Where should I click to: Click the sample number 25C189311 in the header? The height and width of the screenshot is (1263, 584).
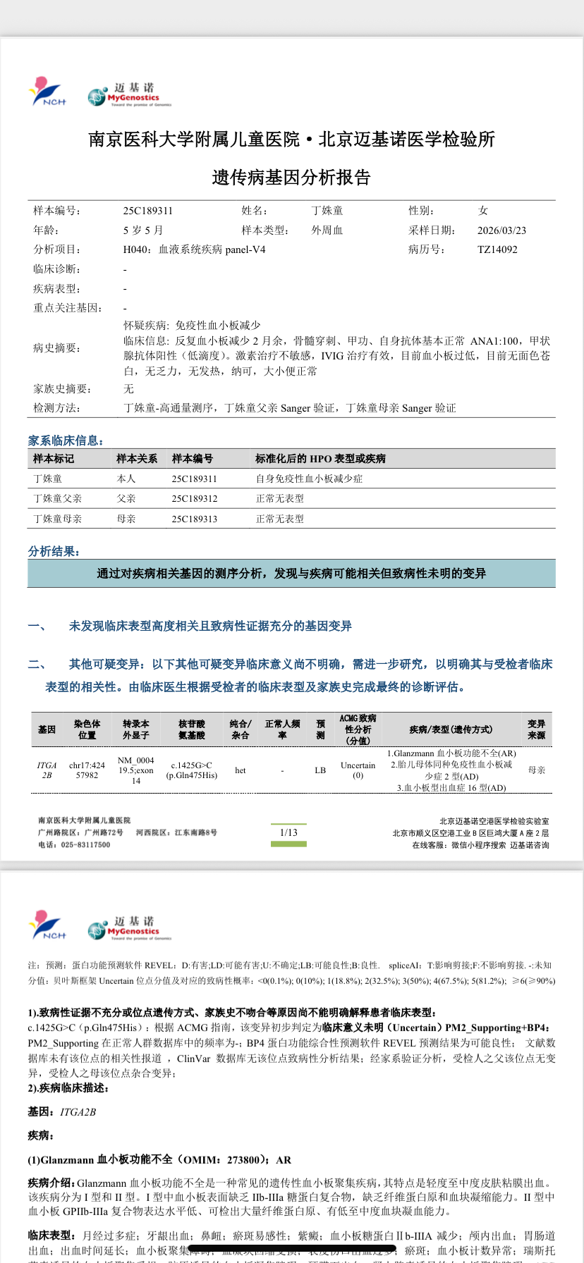147,211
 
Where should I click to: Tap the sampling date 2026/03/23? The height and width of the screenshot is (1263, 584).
501,230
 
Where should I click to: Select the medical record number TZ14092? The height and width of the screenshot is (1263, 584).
497,249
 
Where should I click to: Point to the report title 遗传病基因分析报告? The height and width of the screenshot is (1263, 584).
291,178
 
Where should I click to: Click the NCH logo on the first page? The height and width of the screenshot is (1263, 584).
47,92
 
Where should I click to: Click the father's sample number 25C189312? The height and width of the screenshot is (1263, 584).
194,498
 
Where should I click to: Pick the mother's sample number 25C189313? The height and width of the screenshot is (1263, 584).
194,519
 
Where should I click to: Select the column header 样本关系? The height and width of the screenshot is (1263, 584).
137,459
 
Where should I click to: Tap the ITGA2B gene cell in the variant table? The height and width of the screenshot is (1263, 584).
47,770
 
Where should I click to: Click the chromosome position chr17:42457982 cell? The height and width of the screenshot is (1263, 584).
87,770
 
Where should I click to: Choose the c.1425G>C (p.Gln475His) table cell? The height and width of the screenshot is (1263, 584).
192,770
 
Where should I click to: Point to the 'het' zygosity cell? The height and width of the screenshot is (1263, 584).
241,770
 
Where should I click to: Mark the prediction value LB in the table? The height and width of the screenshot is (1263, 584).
320,770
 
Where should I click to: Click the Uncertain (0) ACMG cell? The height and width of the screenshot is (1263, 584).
358,770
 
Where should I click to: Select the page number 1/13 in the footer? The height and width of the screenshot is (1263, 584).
288,832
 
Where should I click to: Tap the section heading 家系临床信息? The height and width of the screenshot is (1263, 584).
65,440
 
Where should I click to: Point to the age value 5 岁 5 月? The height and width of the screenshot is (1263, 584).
143,230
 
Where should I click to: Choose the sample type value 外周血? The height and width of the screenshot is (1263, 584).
327,230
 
